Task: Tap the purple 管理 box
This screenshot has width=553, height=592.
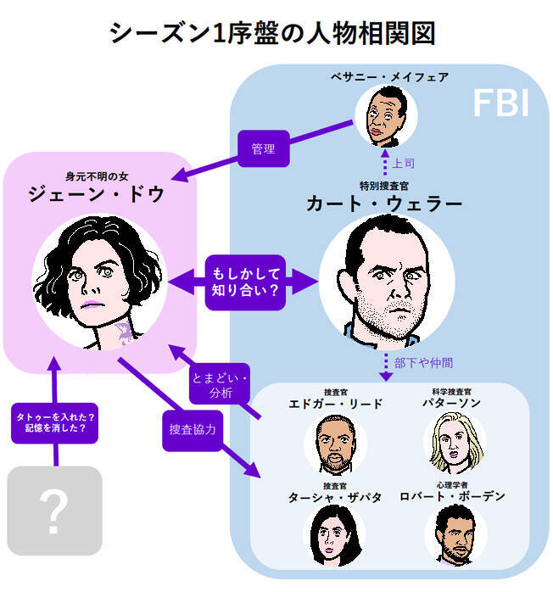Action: [264, 148]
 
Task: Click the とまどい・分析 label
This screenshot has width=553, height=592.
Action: [217, 385]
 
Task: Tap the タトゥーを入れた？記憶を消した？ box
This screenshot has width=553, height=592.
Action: [55, 422]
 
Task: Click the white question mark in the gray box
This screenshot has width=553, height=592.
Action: [53, 511]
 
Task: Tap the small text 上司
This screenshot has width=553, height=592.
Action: [403, 161]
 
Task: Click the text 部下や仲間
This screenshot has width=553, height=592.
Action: [423, 362]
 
